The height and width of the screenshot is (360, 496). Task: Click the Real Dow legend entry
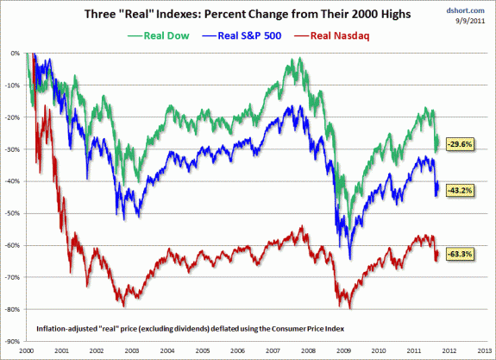point(159,35)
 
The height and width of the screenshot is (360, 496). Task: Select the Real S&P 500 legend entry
point(242,35)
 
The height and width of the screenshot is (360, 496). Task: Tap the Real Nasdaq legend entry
point(332,35)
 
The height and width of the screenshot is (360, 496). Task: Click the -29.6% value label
point(461,144)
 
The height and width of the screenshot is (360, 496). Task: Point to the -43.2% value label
point(461,190)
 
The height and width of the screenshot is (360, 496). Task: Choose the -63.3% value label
point(461,254)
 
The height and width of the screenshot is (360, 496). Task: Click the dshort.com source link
point(465,10)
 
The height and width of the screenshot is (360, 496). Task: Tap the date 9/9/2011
point(470,21)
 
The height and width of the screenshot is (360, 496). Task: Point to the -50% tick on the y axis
point(12,213)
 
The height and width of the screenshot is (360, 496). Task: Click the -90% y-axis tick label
point(12,341)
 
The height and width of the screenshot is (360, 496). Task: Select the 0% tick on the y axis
point(16,54)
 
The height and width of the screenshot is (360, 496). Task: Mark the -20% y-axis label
point(12,117)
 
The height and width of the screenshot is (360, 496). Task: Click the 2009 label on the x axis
point(343,351)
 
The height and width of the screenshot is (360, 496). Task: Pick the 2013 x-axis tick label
point(484,351)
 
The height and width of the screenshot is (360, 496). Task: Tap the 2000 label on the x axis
point(26,351)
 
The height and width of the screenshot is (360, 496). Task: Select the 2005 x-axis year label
point(203,351)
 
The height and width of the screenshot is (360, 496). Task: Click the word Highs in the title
point(395,15)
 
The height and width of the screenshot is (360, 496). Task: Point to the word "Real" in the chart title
point(135,14)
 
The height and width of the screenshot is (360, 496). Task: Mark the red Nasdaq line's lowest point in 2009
point(350,309)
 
